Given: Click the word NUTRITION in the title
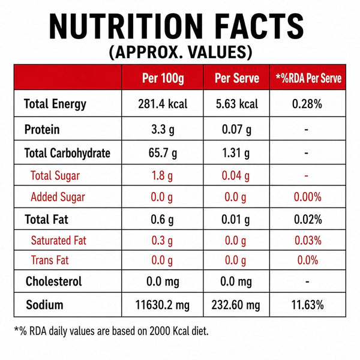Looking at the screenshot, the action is [x=126, y=26].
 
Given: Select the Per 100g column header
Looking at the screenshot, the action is [x=163, y=78].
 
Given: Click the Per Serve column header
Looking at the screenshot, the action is [x=237, y=78].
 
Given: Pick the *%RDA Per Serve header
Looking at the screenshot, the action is [x=308, y=78].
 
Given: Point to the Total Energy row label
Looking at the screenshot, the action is [x=55, y=104].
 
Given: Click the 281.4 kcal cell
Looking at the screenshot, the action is [x=163, y=104].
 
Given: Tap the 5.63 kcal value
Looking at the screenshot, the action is [x=237, y=104].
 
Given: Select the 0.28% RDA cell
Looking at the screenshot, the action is [x=307, y=104].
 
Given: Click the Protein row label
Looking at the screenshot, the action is [x=42, y=129].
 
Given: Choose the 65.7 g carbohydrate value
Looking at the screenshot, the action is [x=163, y=153].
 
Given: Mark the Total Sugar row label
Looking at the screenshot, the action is [x=55, y=176].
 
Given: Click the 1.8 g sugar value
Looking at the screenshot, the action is [x=162, y=176].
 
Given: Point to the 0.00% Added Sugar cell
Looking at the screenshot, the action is [x=308, y=197].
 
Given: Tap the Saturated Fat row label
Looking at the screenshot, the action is [x=59, y=241].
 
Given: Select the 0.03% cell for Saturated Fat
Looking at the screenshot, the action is [x=308, y=241].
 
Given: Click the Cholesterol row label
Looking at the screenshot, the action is [x=54, y=281].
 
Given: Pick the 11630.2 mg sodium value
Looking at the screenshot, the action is [x=163, y=305].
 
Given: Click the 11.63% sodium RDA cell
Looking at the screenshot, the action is [x=307, y=305].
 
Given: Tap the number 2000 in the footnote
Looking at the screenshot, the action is [x=160, y=331].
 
